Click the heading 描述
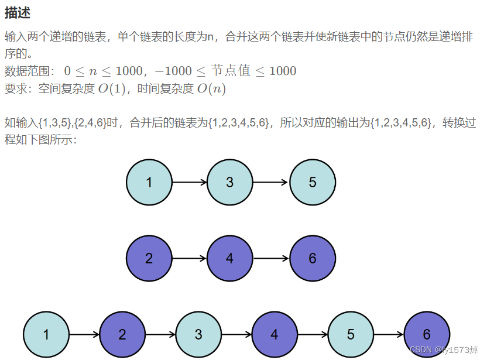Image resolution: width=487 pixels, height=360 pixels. tap(18, 12)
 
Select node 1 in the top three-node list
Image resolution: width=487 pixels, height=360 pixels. tap(149, 182)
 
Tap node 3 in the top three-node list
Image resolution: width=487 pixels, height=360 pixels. tap(230, 182)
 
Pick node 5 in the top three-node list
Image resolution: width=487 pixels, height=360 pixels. tap(312, 182)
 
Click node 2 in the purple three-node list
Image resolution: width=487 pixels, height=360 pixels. tap(149, 258)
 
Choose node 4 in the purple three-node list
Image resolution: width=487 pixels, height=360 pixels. tap(230, 258)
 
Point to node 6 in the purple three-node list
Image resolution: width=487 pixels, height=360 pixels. tap(312, 258)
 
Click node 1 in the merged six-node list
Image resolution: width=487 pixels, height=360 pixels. tap(46, 335)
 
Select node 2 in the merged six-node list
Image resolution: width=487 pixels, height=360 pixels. tap(122, 335)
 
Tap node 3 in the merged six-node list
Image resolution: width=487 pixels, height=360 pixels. tap(198, 335)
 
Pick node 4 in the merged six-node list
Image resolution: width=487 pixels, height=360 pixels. tap(275, 335)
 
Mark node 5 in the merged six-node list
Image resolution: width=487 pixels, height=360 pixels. tap(351, 335)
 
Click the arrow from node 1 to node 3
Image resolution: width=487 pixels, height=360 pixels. tap(190, 182)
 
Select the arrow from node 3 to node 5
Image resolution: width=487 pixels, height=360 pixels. tap(271, 182)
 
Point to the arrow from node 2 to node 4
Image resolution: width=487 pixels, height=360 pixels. tap(190, 258)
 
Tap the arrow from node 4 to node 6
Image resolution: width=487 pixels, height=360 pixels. tap(271, 258)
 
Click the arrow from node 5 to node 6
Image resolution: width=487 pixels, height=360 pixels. tap(389, 335)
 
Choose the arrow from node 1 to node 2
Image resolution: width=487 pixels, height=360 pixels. tap(84, 335)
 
